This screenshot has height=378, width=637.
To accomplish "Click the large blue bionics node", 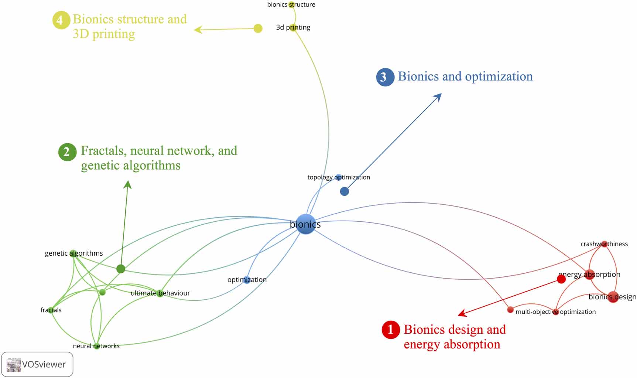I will (x=306, y=224).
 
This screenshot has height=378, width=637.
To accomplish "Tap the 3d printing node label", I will (x=293, y=27).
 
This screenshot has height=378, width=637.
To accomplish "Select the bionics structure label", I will (x=291, y=4).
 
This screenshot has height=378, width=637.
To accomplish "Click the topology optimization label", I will (x=339, y=177).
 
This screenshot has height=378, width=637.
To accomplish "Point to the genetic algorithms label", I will (x=74, y=253).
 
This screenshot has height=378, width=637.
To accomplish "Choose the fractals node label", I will (x=51, y=310).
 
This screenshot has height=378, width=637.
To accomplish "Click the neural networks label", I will (x=96, y=346).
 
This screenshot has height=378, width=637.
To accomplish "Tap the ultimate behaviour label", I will (x=160, y=293).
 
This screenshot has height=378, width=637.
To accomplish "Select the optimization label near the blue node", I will (x=247, y=280).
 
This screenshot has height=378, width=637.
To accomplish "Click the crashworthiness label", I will (x=604, y=244).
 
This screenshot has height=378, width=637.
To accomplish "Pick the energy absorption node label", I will (x=589, y=274).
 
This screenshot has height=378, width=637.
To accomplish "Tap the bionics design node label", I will (x=612, y=297).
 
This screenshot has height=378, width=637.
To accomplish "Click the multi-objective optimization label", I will (x=555, y=312).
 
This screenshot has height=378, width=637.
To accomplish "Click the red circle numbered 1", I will (x=391, y=330).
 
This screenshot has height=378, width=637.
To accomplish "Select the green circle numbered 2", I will (x=67, y=152).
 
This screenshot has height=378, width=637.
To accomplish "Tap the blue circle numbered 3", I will (x=385, y=77).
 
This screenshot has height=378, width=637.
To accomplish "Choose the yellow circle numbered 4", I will (x=61, y=20).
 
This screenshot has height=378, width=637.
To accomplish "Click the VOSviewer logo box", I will (x=37, y=364).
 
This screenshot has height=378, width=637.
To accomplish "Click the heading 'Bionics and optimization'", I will (x=465, y=76).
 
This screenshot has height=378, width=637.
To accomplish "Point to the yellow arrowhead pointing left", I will (x=198, y=30).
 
